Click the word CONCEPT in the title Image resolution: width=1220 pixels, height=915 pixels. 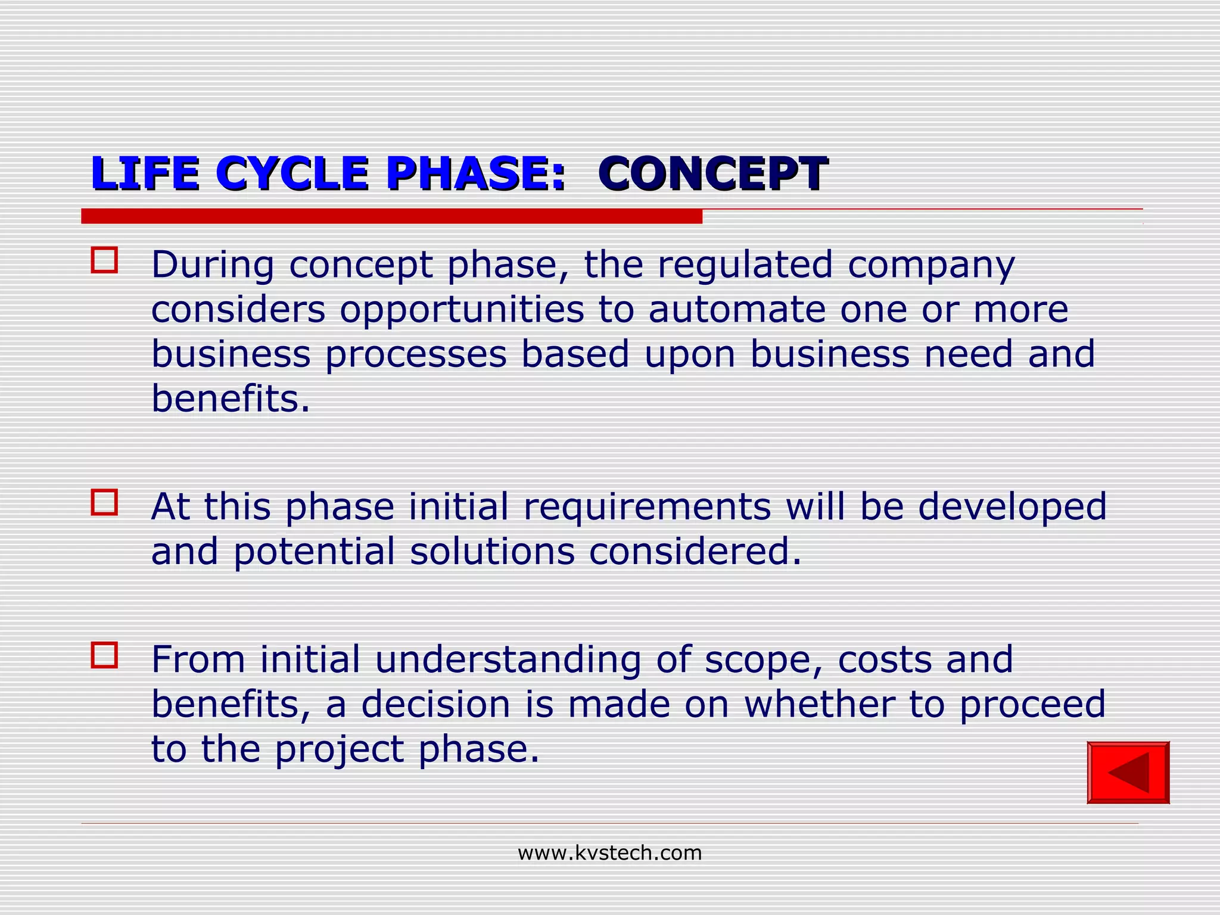[712, 173]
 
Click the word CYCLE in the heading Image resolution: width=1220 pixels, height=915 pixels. [292, 173]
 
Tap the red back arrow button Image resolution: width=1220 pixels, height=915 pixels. [1128, 773]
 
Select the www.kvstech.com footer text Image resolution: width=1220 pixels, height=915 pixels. [609, 853]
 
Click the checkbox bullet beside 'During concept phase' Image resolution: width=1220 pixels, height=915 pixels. [104, 260]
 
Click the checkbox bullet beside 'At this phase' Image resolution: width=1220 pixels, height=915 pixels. [104, 502]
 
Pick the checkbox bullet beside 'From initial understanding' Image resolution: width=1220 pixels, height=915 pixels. [104, 655]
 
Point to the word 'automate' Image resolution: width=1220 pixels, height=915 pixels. [737, 309]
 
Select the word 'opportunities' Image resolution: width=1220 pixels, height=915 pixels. [462, 310]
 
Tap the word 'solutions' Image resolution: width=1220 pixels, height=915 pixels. [492, 551]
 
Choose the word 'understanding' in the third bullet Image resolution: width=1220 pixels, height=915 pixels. [508, 660]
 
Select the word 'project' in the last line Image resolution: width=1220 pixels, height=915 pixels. [339, 749]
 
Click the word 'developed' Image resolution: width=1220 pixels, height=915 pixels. [1012, 507]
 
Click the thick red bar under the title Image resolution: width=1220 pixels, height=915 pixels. [391, 216]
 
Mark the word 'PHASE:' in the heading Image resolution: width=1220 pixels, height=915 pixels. [475, 173]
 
